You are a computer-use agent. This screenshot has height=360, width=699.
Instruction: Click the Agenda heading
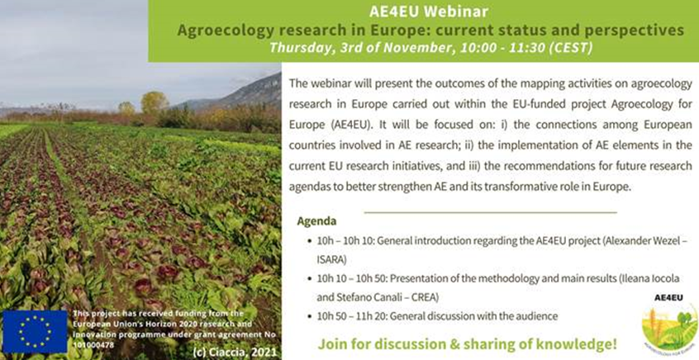pyautogui.click(x=316, y=222)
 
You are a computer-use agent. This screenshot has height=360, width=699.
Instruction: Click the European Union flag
pyautogui.click(x=35, y=331)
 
